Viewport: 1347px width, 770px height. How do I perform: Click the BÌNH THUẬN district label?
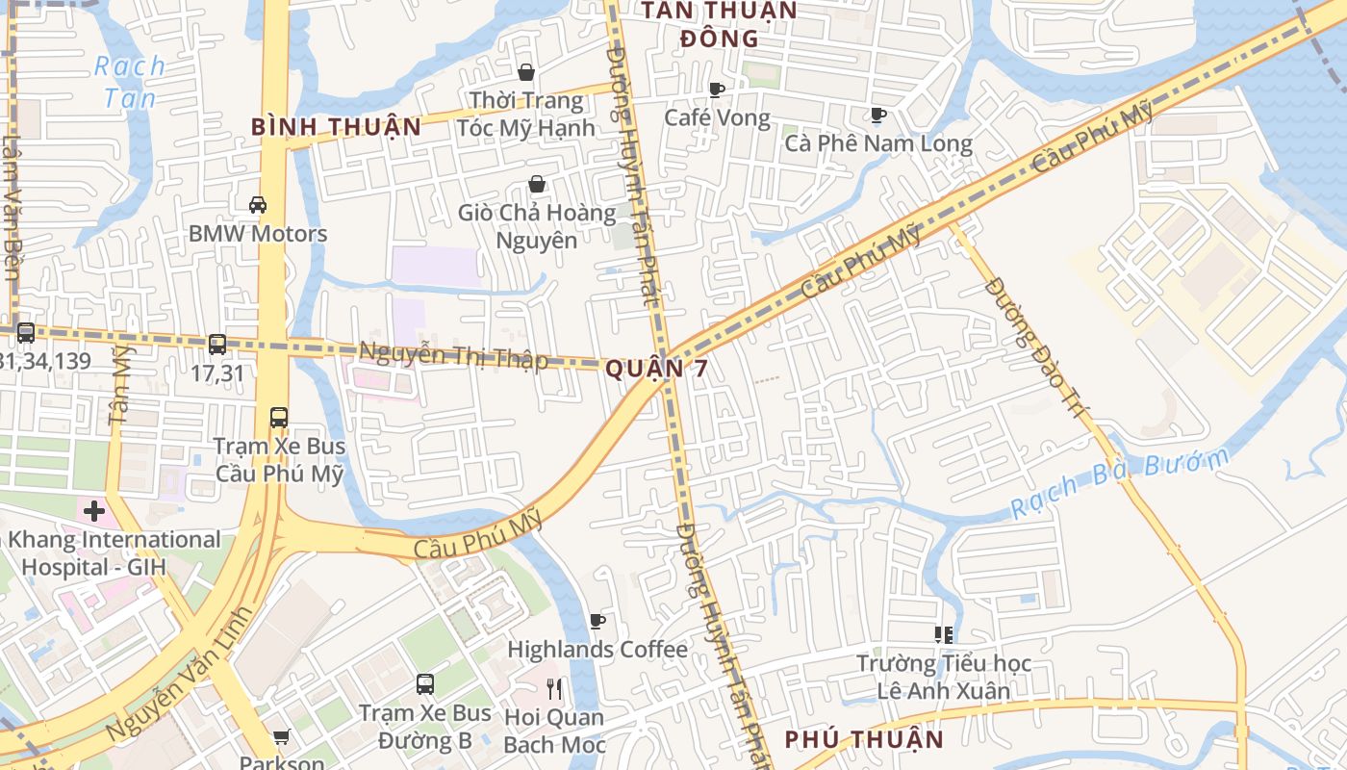[x=336, y=127]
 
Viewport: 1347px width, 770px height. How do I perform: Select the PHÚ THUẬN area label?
[x=863, y=739]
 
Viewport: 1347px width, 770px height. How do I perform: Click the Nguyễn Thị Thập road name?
[x=453, y=356]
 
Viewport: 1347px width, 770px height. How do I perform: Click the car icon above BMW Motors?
[x=258, y=204]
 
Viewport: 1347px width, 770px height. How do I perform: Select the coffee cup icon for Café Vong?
[x=717, y=90]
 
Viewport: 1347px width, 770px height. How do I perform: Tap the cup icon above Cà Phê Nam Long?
[x=877, y=115]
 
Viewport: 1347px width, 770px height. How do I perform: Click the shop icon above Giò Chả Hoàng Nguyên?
[x=537, y=184]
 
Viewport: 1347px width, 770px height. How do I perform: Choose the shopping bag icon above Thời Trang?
[x=526, y=72]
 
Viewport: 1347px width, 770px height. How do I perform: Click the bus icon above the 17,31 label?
[x=217, y=344]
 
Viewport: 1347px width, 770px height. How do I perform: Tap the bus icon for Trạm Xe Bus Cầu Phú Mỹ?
[x=279, y=418]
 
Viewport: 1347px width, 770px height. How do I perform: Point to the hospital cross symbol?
[x=94, y=511]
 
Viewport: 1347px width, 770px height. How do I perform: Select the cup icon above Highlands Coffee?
[x=597, y=622]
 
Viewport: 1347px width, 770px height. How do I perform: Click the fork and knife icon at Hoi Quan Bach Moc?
[x=554, y=689]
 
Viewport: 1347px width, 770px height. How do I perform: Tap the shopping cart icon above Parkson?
[x=281, y=737]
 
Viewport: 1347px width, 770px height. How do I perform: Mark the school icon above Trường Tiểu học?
[x=944, y=634]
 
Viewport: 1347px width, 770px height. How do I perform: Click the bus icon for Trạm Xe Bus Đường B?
[x=425, y=684]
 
